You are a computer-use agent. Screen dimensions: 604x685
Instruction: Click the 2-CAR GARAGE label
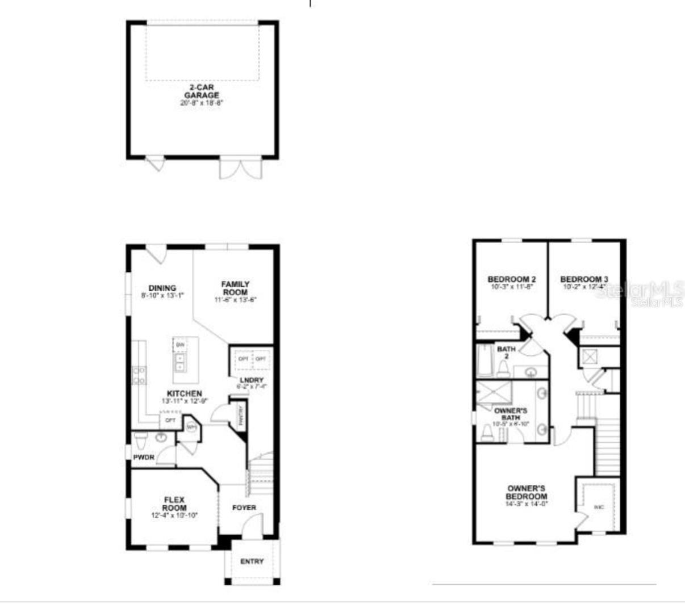click(201, 92)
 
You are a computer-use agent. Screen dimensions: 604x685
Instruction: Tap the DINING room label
click(162, 288)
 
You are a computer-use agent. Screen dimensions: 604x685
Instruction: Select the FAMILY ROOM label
click(235, 288)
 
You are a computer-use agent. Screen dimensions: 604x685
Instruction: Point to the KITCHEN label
click(184, 393)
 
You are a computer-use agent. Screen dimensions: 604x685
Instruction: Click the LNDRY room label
click(251, 380)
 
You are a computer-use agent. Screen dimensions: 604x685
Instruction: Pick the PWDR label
click(144, 457)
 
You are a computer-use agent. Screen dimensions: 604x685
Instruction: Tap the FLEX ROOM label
click(174, 504)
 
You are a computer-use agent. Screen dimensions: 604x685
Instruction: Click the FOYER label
click(244, 507)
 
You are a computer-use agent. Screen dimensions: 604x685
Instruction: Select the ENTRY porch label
click(252, 561)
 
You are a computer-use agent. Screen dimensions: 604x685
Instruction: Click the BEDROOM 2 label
click(512, 279)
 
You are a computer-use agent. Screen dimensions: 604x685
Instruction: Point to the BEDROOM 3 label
click(584, 279)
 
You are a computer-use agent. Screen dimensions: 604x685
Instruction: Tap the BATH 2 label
click(506, 353)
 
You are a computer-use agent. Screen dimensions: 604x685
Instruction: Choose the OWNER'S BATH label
click(511, 414)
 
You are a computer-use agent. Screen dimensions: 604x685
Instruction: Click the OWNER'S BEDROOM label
click(527, 492)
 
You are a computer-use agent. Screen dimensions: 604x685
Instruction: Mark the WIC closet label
click(599, 507)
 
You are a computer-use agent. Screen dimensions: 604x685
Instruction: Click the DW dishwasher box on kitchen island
click(180, 345)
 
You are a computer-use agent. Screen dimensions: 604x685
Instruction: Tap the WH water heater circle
click(191, 427)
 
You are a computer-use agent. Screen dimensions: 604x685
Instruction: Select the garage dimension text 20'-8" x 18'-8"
click(201, 103)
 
